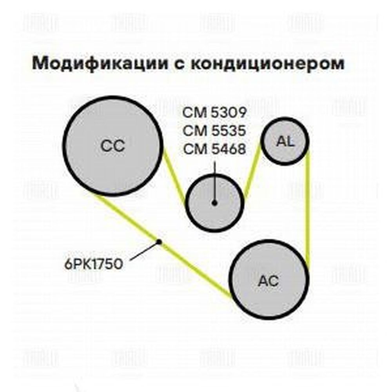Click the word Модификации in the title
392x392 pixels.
tap(100, 64)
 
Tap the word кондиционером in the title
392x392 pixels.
tap(267, 64)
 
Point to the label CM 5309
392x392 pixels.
tap(214, 113)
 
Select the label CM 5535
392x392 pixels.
tap(214, 131)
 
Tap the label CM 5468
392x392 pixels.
tap(214, 149)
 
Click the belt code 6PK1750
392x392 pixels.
tap(94, 264)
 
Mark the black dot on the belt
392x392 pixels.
tap(159, 241)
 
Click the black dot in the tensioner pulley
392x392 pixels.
tap(214, 203)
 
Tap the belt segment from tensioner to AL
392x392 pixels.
tap(252, 171)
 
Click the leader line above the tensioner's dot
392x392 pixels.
tap(214, 181)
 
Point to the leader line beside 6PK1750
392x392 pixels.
tap(144, 250)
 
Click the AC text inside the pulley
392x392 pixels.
tap(268, 281)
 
